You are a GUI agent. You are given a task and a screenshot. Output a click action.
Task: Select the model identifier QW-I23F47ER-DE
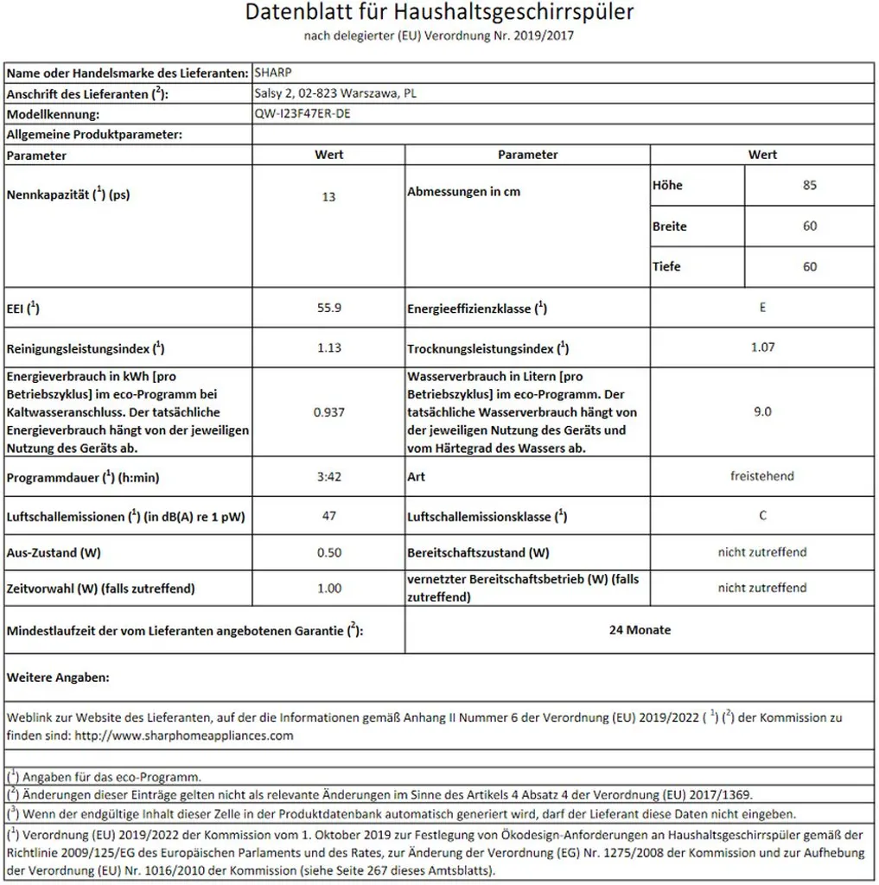303,114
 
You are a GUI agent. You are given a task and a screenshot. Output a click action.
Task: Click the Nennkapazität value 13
328,197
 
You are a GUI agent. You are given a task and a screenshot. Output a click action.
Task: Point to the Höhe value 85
809,185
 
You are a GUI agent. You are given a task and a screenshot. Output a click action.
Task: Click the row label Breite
670,226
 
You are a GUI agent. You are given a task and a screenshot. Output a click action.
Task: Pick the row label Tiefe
666,267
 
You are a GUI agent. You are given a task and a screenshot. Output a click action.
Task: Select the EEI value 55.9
328,307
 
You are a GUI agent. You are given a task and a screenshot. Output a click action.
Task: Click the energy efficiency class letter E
762,307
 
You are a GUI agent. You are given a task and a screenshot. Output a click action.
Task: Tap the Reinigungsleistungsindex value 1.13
328,347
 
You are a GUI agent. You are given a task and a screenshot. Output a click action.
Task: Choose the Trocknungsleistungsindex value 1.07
762,347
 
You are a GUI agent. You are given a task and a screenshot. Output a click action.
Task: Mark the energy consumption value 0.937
328,412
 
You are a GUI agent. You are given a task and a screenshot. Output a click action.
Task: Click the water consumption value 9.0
762,412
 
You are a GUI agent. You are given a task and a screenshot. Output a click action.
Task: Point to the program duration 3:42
328,476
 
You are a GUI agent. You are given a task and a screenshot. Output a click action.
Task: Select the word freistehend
761,476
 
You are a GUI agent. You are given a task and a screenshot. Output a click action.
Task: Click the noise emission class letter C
762,516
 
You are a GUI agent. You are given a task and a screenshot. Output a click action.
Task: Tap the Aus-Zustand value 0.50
328,552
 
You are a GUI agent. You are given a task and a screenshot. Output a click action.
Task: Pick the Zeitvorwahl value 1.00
328,589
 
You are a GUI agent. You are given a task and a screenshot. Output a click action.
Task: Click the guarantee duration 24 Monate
640,630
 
